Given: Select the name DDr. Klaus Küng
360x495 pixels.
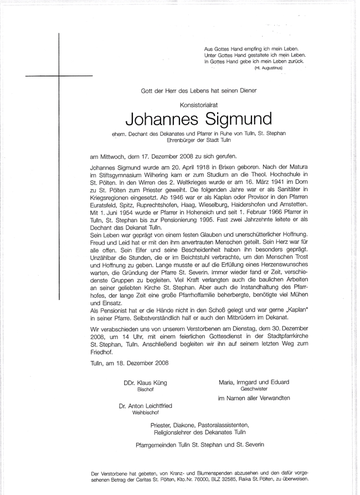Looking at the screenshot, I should (145, 383).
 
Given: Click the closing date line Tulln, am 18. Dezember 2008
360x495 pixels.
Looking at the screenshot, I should (129, 363).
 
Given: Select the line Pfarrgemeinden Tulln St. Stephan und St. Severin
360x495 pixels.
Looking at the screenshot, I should (200, 445).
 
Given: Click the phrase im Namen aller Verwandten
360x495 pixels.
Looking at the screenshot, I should (254, 398).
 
